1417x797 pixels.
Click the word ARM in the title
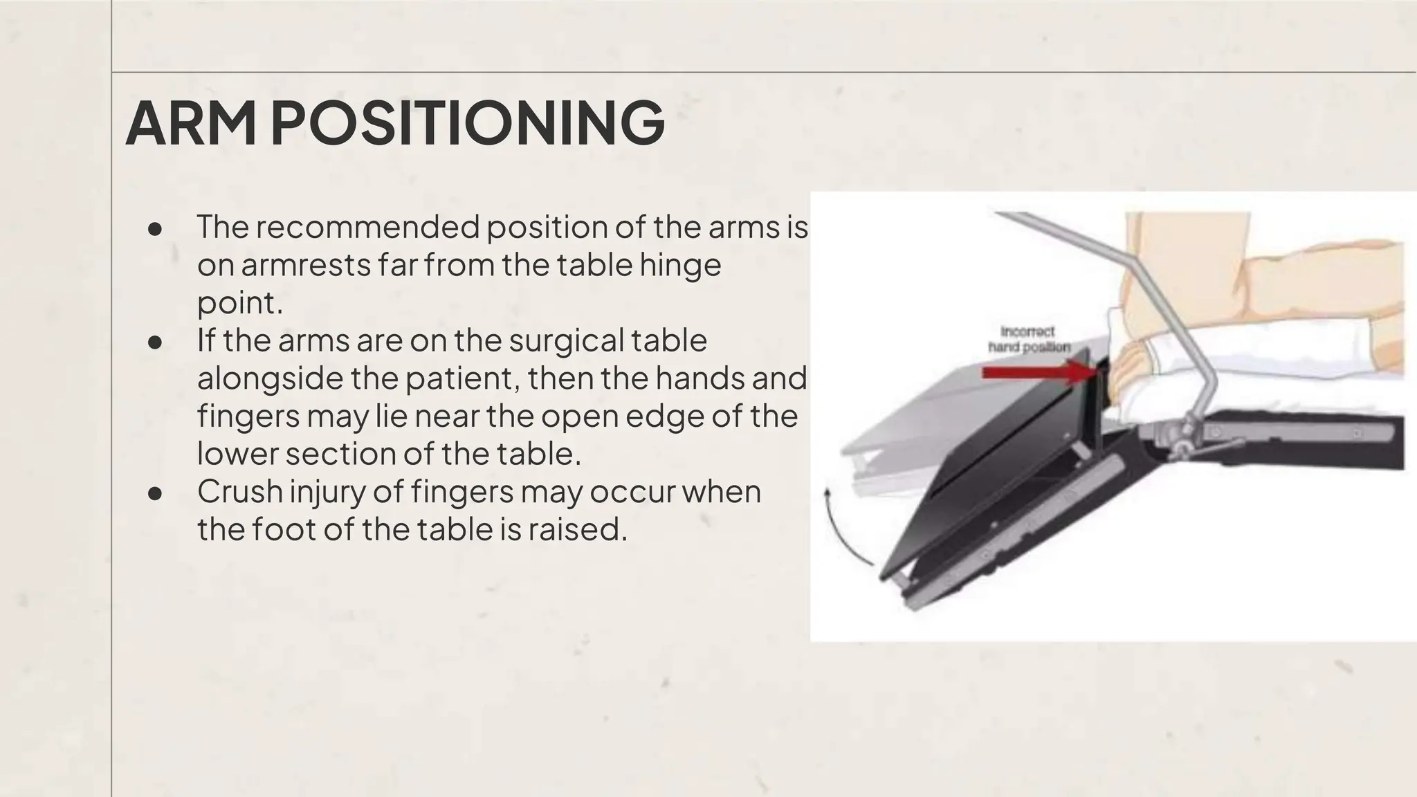click(x=190, y=123)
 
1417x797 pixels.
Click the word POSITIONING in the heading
click(x=467, y=123)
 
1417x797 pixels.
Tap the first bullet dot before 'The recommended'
click(x=155, y=229)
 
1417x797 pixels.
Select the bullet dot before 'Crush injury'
click(x=155, y=493)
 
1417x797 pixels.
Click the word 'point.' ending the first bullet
click(x=240, y=302)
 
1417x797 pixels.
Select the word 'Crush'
click(x=239, y=492)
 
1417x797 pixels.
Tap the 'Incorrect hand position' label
click(x=1029, y=340)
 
